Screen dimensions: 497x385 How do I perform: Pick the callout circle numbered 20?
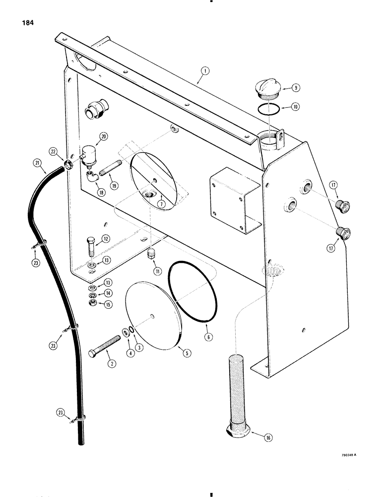(103, 137)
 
